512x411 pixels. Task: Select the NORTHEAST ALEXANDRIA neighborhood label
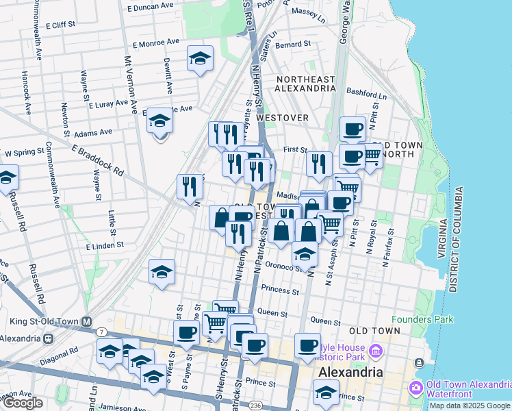click(305, 84)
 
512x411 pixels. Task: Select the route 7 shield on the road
click(102, 332)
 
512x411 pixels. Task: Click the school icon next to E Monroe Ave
click(200, 59)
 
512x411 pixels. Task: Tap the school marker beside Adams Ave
click(160, 121)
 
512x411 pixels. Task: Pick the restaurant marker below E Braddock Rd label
click(190, 186)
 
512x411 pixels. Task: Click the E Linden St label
click(105, 245)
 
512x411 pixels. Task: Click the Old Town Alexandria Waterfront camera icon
click(415, 388)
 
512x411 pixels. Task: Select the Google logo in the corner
click(23, 403)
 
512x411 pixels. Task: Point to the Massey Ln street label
click(308, 12)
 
